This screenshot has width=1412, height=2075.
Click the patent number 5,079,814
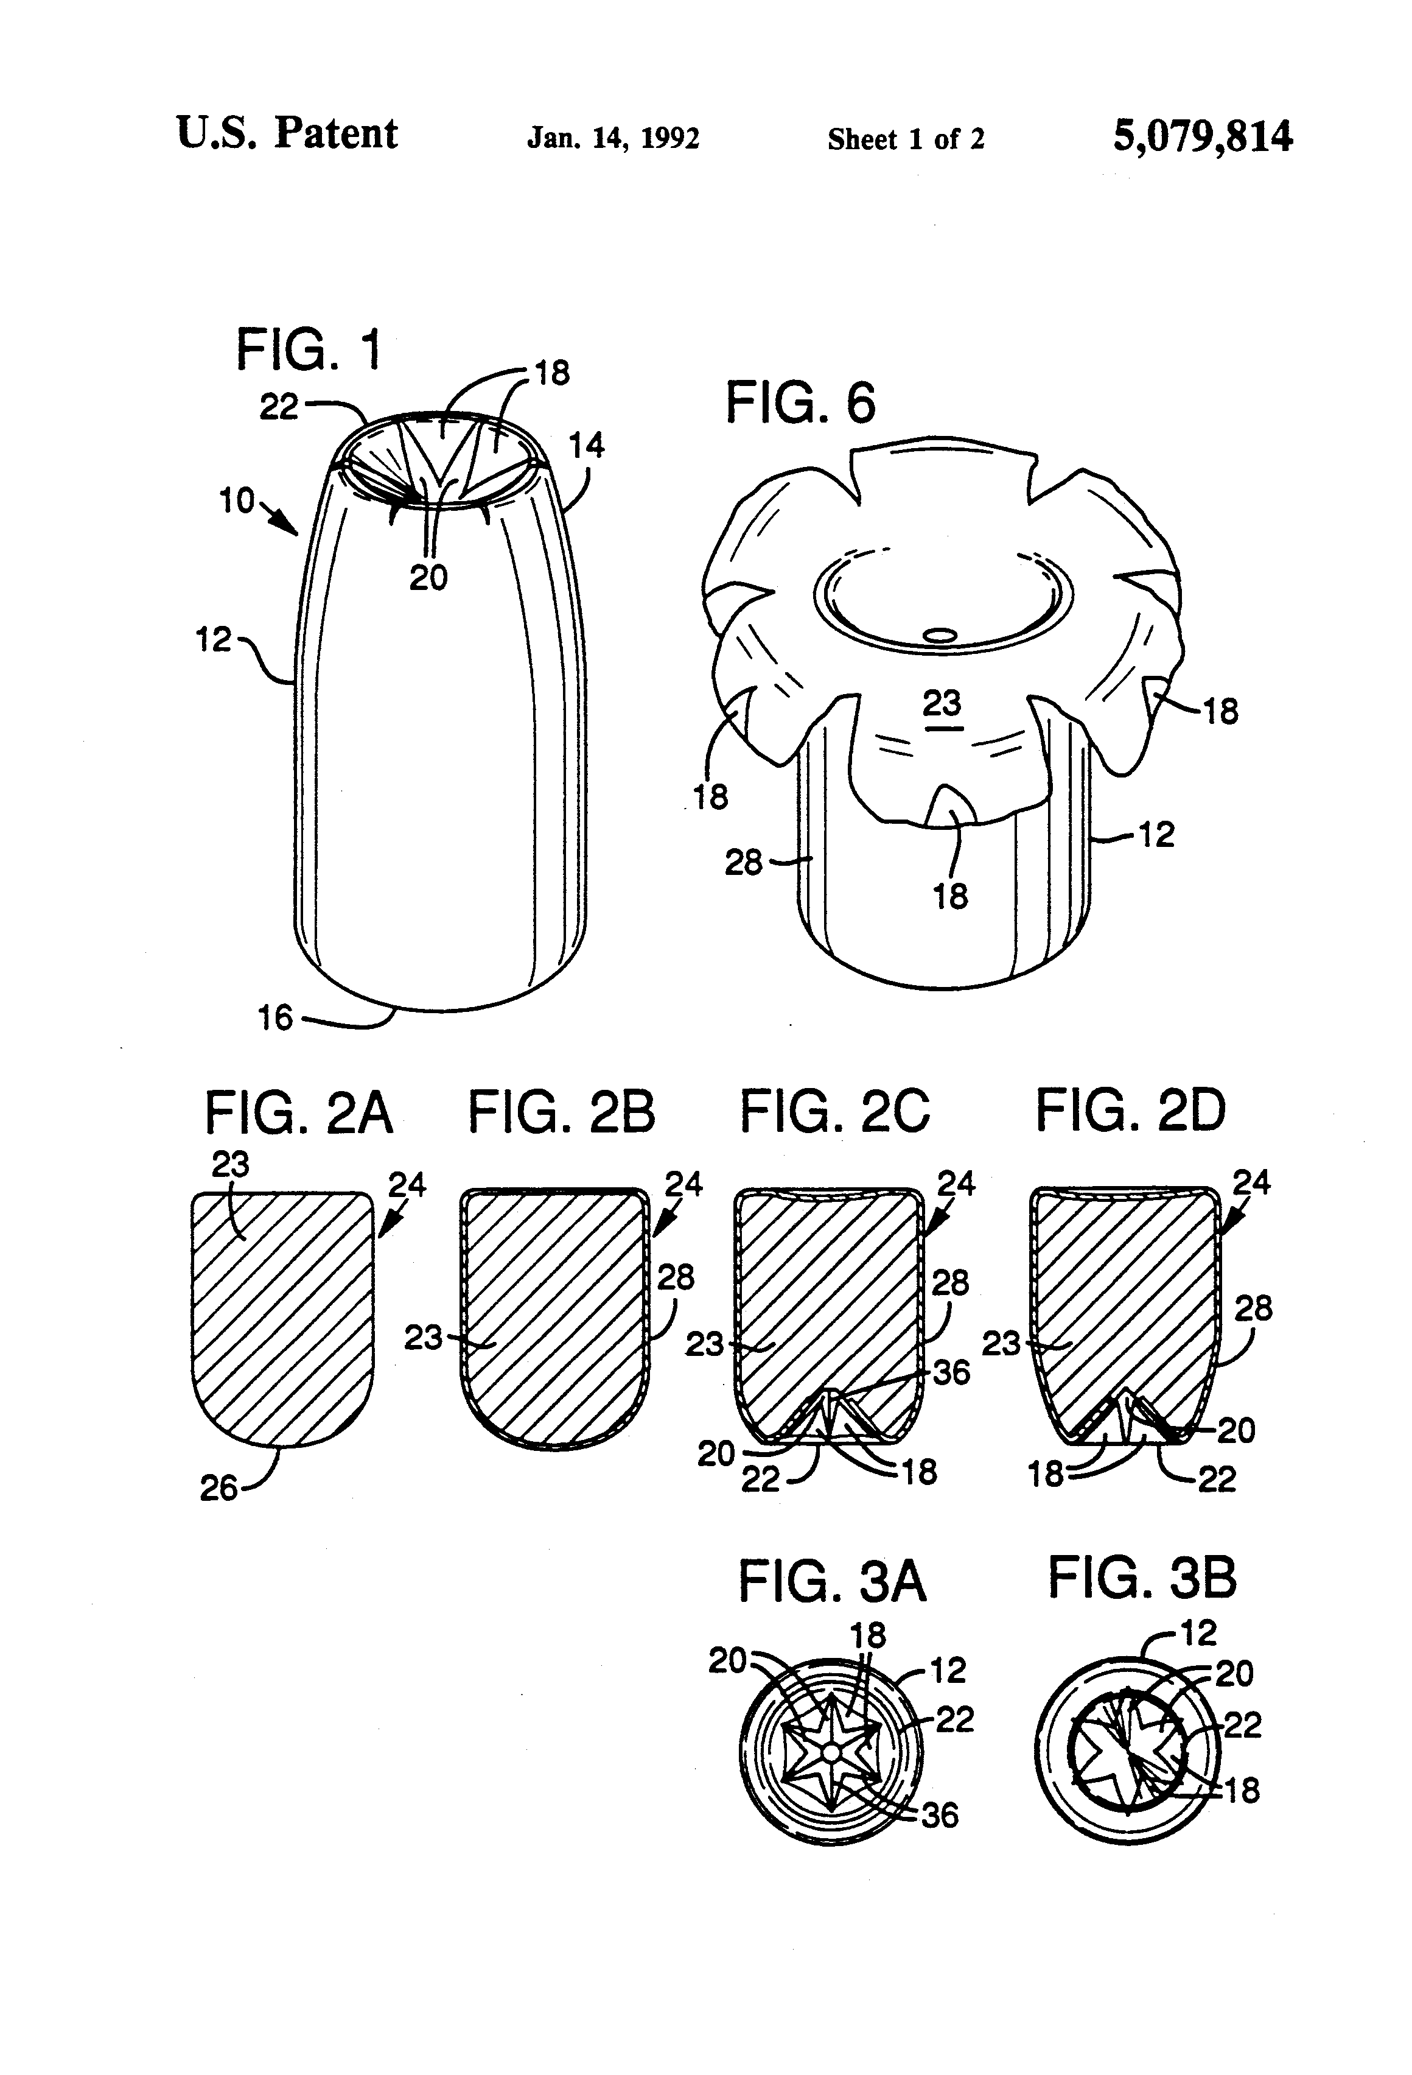pyautogui.click(x=1201, y=136)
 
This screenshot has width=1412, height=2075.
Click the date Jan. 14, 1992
pyautogui.click(x=613, y=138)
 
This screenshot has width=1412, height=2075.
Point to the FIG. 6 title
pyautogui.click(x=800, y=402)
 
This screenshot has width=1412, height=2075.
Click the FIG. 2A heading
pyautogui.click(x=298, y=1114)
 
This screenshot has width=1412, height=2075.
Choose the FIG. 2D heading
pyautogui.click(x=1130, y=1111)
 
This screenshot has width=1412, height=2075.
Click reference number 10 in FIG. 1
pyautogui.click(x=237, y=501)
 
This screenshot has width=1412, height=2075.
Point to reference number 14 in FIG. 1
pyautogui.click(x=586, y=444)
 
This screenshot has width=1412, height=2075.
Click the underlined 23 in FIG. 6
pyautogui.click(x=942, y=704)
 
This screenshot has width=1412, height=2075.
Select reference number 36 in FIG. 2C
pyautogui.click(x=951, y=1372)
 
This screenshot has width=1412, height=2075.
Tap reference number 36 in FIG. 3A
pyautogui.click(x=940, y=1815)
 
